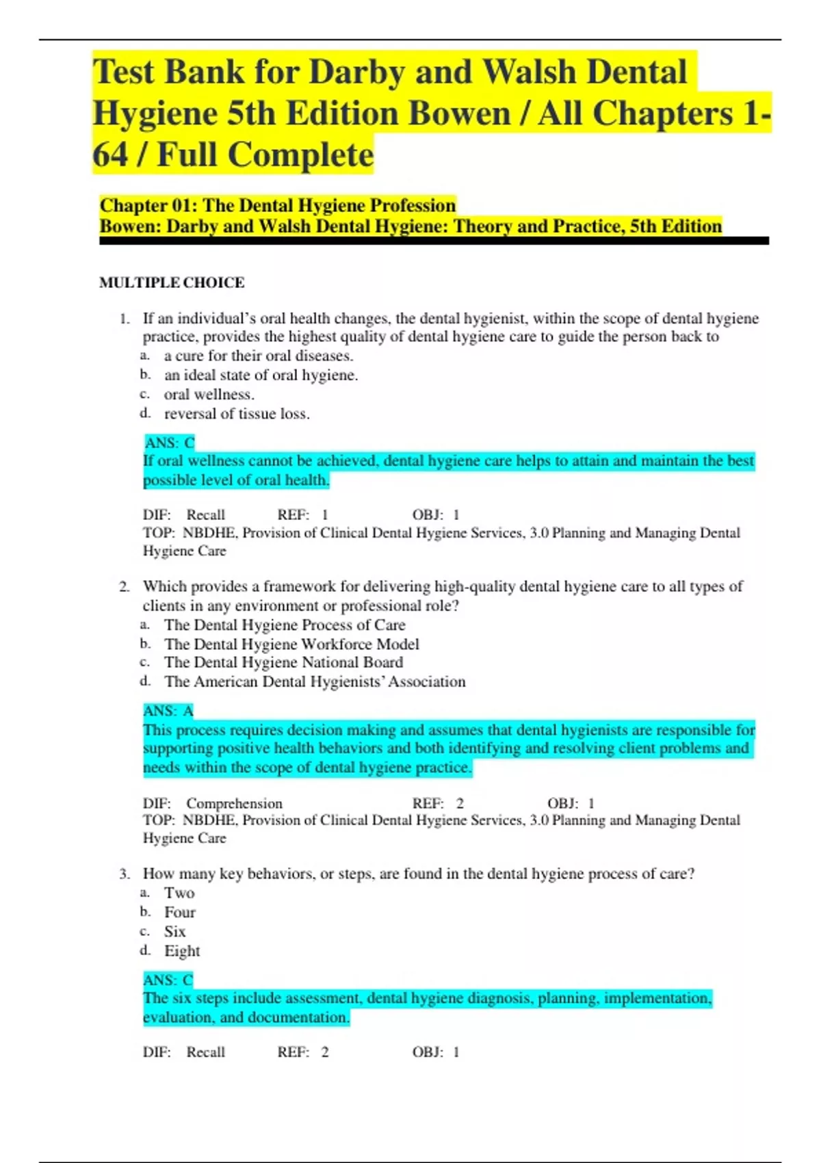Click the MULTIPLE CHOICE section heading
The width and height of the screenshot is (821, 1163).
(171, 283)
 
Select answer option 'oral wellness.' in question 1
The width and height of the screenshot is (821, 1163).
(209, 395)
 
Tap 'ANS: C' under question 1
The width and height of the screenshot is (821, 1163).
(170, 443)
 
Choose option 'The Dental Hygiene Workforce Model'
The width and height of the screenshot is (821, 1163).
(291, 644)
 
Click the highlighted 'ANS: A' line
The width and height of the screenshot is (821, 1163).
(168, 711)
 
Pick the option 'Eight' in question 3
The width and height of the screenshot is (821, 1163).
(182, 951)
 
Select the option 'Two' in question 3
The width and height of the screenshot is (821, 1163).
(179, 893)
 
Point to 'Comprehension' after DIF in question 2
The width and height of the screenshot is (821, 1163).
(234, 803)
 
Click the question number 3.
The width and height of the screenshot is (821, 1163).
(124, 874)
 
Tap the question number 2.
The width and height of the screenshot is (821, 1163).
(124, 586)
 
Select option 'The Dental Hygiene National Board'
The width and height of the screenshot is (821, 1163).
(283, 662)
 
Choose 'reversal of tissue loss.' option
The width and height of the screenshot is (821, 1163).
(237, 414)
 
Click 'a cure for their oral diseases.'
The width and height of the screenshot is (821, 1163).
(259, 356)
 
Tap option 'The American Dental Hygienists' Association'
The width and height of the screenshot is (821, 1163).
(315, 681)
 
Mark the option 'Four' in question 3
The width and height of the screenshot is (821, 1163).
(180, 912)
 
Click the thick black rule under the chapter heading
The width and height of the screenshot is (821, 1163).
(434, 241)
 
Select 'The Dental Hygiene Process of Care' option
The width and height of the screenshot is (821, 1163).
(285, 625)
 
